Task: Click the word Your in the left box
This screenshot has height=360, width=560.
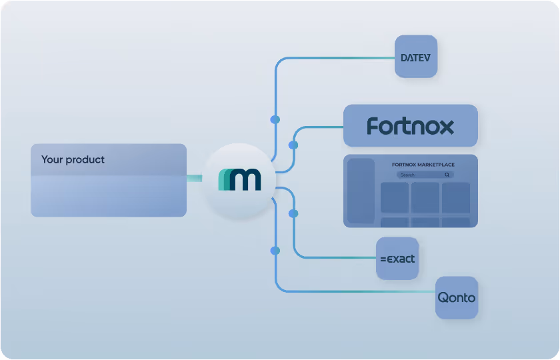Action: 52,160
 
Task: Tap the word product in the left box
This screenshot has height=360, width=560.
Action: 85,160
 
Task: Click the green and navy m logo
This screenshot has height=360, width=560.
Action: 239,179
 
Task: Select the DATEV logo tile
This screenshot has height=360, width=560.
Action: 415,57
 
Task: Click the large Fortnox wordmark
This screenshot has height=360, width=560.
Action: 410,126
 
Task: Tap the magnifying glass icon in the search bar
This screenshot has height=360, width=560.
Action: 447,175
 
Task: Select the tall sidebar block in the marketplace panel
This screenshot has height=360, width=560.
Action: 361,191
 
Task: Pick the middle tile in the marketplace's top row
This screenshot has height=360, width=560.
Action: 425,197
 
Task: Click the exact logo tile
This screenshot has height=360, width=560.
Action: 397,258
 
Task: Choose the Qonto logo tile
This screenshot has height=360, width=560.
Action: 456,297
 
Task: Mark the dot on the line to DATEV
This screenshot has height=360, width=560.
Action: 275,119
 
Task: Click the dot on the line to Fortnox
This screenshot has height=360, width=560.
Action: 293,145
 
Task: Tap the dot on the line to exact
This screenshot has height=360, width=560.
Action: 293,213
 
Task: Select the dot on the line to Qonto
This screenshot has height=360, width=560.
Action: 275,251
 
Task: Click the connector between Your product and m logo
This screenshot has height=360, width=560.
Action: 195,178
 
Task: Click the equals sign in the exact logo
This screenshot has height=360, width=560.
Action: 383,259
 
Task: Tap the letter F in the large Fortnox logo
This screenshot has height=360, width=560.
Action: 373,126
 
